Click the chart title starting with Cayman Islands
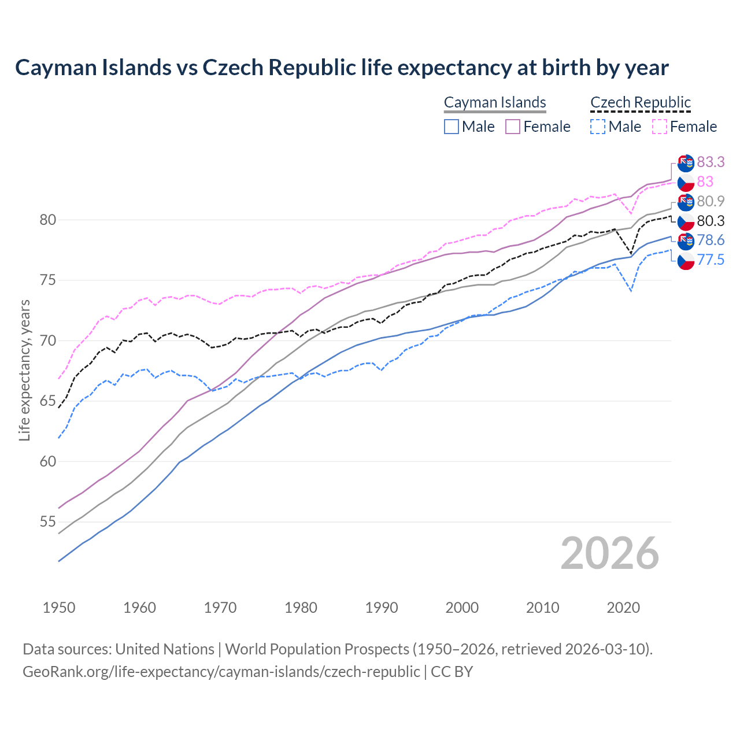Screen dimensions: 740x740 342,68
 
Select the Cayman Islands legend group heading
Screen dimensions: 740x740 495,103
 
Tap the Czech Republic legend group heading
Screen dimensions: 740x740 641,103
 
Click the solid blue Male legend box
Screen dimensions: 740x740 452,127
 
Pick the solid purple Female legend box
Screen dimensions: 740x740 513,127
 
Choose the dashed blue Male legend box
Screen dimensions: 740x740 598,127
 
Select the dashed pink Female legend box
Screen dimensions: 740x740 660,127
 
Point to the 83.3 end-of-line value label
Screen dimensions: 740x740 711,162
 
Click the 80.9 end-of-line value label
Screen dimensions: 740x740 711,201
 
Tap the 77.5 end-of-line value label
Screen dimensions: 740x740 711,260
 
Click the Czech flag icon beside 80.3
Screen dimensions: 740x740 686,222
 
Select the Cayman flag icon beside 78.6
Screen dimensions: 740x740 686,241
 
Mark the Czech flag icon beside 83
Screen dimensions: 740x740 686,183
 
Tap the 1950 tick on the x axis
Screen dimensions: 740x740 59,608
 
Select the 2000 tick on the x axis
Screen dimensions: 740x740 462,608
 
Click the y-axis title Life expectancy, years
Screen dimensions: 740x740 24,370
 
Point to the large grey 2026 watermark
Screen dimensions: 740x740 609,553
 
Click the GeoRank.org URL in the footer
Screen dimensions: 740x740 221,672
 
